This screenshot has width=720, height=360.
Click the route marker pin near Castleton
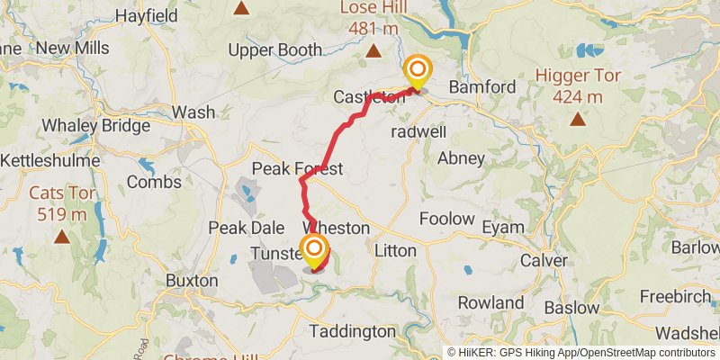[x=417, y=70]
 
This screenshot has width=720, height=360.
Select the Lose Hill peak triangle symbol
[x=373, y=51]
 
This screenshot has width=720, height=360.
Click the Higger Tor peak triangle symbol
[x=577, y=119]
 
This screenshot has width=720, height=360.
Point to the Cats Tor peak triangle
[x=61, y=237]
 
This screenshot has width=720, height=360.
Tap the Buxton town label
[x=192, y=280]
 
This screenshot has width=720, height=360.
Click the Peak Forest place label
[x=297, y=169]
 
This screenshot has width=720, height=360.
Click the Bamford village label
[x=482, y=87]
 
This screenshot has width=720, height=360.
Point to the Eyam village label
[x=502, y=228]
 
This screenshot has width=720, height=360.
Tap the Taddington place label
[x=352, y=331]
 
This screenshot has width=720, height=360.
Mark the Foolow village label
[x=447, y=219]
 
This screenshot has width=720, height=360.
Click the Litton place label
[x=394, y=251]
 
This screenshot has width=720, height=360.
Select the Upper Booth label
[x=274, y=50]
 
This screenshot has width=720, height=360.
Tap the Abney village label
[x=461, y=158]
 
